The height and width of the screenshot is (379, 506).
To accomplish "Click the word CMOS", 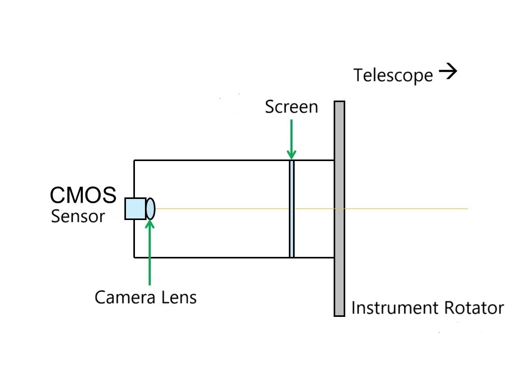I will [x=83, y=195].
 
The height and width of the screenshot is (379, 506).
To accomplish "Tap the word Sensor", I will [x=78, y=216].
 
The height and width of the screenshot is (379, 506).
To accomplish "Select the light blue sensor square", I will [x=135, y=208].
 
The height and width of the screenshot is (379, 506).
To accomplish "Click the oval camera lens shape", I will [x=150, y=208].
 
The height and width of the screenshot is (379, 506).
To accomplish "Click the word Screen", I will [x=291, y=107].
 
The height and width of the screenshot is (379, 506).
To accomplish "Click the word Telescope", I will [x=393, y=75].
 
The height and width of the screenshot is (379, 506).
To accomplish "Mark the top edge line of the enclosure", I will [x=211, y=160].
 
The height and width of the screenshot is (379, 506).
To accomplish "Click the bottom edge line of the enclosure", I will [x=211, y=257].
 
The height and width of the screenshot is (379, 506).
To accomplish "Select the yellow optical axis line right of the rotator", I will [x=406, y=209].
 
